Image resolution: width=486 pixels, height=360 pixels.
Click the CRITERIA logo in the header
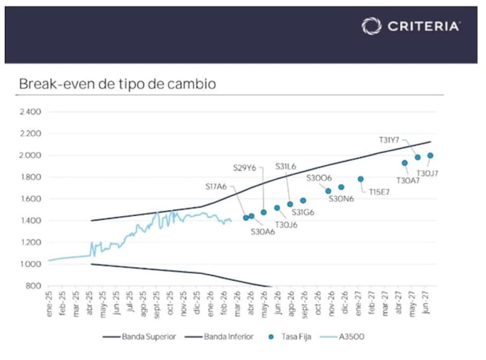[x=411, y=25]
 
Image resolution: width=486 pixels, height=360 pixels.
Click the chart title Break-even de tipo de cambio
[x=117, y=83]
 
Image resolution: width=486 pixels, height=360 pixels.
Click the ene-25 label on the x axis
[x=50, y=301]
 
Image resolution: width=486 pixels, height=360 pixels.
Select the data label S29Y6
[x=245, y=168]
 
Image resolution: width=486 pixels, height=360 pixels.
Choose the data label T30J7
[x=427, y=173]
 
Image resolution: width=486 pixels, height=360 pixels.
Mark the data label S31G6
[x=303, y=212]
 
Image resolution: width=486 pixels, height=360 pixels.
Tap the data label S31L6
[x=286, y=166]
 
